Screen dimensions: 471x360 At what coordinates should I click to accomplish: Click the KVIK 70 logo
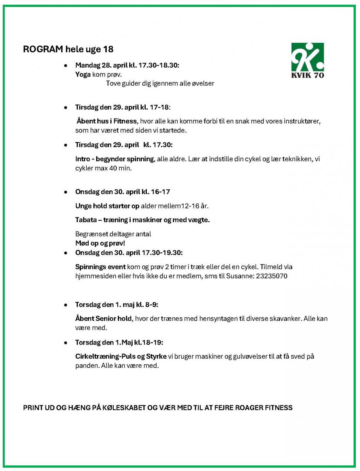(x=307, y=60)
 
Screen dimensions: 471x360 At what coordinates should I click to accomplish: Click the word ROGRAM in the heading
(x=40, y=49)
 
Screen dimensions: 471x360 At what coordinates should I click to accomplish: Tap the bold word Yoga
(x=83, y=74)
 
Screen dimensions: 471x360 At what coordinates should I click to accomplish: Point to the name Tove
(x=113, y=83)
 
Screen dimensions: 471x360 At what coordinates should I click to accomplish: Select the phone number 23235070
(x=272, y=276)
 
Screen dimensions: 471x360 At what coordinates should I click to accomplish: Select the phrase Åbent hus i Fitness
(x=107, y=121)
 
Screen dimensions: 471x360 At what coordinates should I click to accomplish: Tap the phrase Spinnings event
(x=100, y=267)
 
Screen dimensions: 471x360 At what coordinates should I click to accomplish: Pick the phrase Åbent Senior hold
(x=103, y=319)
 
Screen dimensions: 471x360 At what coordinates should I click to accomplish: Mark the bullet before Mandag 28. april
(x=66, y=66)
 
